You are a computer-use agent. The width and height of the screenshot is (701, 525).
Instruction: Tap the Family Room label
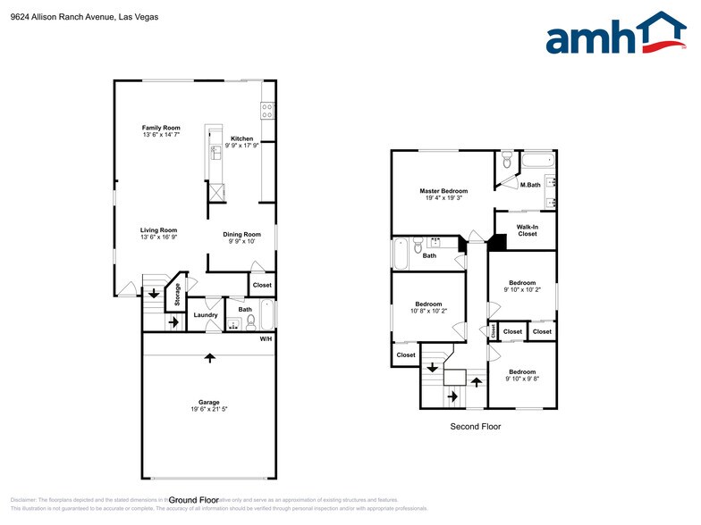pos(161,128)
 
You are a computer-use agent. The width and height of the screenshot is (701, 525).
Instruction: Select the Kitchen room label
pos(241,138)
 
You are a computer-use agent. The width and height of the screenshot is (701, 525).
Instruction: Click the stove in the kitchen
pos(266,111)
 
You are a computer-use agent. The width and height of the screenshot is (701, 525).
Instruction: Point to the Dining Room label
pos(241,234)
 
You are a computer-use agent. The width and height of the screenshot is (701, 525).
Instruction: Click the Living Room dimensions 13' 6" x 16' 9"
pos(158,237)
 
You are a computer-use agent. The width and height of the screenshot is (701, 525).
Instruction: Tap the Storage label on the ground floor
pos(177,294)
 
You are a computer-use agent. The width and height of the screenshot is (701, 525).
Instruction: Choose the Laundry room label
pos(206,314)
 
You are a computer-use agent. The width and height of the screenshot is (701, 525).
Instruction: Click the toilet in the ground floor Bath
pos(251,321)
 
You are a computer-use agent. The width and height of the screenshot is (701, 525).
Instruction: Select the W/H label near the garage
pos(266,339)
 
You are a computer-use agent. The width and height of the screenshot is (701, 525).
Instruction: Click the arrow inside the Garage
pos(210,358)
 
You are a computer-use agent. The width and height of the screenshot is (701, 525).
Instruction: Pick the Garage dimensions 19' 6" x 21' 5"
pos(209,409)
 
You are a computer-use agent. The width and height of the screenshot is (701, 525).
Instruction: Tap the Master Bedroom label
pos(443,191)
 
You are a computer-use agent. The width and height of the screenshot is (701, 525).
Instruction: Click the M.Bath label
pos(530,185)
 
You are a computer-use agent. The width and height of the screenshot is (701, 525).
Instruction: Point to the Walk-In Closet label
pos(527,230)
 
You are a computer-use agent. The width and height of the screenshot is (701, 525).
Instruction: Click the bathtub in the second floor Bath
pos(400,253)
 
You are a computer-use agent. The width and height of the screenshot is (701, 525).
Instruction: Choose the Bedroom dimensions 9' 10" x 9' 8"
pos(522,379)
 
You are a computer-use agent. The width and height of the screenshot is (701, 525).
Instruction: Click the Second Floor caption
pos(475,427)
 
